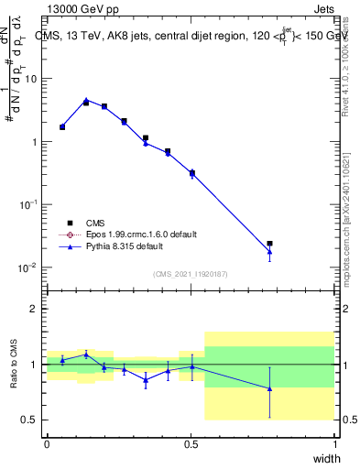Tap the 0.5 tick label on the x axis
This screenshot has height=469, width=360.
(191, 444)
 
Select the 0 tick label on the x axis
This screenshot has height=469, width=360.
(47, 444)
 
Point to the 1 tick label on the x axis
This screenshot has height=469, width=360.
(335, 444)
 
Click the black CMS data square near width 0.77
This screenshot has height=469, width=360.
(269, 244)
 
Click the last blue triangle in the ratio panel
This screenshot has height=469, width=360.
(269, 388)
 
